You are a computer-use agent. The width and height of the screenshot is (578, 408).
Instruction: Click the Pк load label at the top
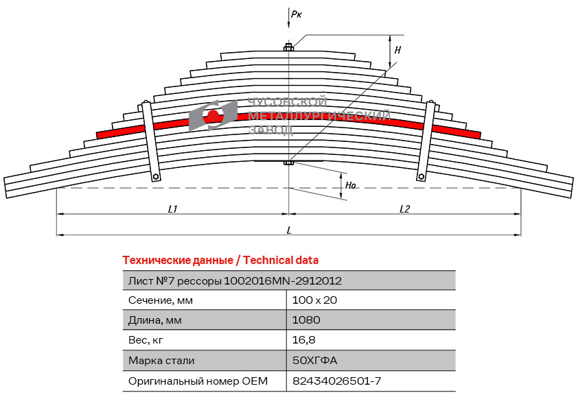point(297,14)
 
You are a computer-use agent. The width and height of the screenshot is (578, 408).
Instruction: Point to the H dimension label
point(397,50)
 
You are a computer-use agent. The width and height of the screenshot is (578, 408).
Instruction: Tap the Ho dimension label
point(351,185)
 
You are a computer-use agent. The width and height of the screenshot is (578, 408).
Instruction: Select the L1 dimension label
point(172,209)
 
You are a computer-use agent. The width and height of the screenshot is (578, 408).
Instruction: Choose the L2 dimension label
point(404,209)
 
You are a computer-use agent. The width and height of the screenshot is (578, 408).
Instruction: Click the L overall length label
point(289,230)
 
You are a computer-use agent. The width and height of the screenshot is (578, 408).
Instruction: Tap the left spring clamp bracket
point(151,141)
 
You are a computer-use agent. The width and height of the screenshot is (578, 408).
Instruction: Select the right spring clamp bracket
point(426,141)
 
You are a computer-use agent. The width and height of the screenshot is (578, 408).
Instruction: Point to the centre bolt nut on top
point(288,47)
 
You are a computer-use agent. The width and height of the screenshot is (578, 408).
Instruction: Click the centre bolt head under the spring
point(288,163)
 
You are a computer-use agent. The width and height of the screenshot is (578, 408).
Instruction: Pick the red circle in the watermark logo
point(213,116)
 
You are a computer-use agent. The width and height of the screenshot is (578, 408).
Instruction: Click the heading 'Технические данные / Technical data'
point(220,261)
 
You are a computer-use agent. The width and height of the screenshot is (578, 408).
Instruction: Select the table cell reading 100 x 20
point(314,300)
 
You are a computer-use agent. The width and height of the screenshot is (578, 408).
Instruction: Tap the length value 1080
point(306,320)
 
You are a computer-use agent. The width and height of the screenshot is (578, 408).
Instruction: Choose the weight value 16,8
point(303,340)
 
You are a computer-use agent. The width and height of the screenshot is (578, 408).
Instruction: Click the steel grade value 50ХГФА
point(314,361)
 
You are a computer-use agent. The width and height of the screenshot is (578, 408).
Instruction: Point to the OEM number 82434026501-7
point(336,381)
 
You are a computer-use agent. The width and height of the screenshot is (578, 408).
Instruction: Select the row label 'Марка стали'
point(161,361)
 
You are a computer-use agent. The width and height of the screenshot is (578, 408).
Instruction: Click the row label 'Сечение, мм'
point(161,300)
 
